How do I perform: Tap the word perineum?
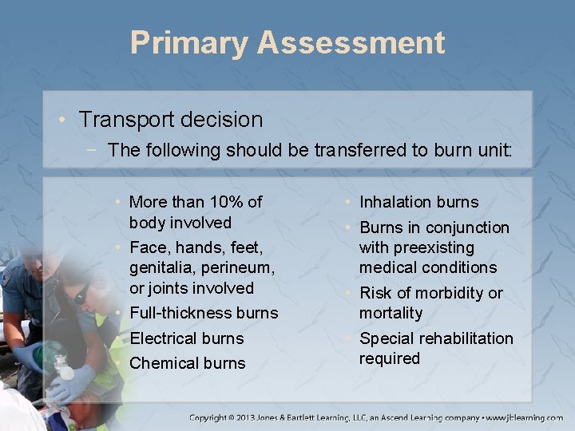point(224,267)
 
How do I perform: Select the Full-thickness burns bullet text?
point(203,313)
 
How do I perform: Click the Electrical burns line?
point(186,338)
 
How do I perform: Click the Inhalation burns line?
point(418,202)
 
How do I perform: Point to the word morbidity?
point(451,293)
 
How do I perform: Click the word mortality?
point(391,313)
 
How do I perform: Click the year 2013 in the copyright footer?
point(260,417)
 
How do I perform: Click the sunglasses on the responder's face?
point(80,296)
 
